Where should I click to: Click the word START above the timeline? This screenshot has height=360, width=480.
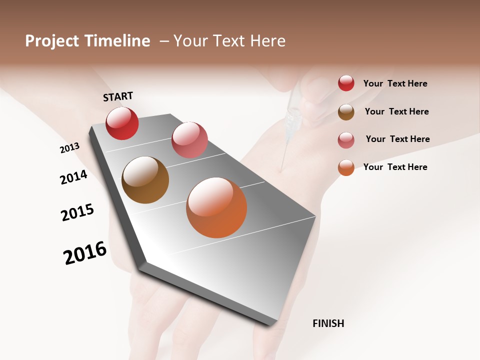(118, 96)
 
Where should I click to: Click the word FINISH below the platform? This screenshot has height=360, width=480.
(328, 323)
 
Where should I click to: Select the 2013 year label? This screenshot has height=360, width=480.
(69, 148)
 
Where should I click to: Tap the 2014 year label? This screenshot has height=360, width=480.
(73, 177)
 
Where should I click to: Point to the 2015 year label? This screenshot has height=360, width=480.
(77, 212)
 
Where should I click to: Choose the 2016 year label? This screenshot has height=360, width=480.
(85, 253)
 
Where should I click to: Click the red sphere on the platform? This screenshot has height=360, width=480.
(122, 123)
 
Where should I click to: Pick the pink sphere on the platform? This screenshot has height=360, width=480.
(189, 140)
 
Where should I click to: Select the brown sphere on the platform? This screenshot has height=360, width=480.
(145, 180)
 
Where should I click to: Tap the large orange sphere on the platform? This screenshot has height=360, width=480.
(216, 207)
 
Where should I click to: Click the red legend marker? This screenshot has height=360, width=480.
(346, 83)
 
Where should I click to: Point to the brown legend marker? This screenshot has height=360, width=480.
(346, 112)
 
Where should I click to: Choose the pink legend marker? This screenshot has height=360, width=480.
(346, 140)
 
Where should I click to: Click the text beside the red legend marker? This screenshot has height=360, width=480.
(395, 84)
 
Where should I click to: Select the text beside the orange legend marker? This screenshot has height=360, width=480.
(395, 167)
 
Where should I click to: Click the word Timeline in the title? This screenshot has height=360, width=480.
(117, 41)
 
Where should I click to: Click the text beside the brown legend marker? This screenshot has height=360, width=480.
(396, 111)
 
